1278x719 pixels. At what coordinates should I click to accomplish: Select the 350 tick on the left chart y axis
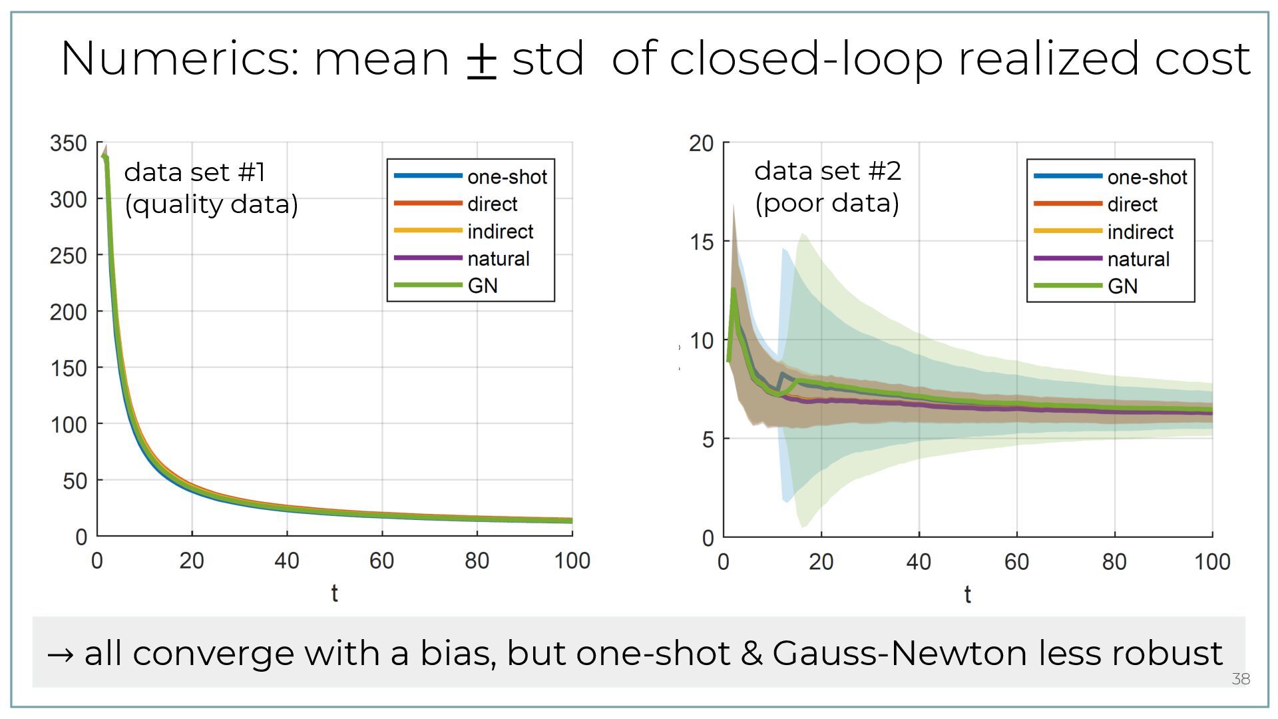click(x=69, y=143)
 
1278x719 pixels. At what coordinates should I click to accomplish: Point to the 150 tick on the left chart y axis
click(x=69, y=368)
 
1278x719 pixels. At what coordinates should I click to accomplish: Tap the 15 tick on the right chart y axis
click(x=702, y=242)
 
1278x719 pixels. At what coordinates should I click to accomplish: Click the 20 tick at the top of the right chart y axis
click(x=702, y=143)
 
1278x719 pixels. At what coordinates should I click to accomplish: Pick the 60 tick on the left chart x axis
click(x=382, y=561)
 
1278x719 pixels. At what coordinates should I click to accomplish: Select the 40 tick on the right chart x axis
click(x=919, y=563)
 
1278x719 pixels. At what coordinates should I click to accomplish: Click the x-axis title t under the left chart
click(x=334, y=593)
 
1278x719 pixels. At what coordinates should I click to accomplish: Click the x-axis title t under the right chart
click(x=967, y=595)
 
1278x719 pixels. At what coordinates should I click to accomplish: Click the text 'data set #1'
click(x=195, y=172)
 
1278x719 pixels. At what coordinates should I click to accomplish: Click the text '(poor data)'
click(x=827, y=203)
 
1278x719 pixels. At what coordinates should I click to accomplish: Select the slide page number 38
click(x=1241, y=679)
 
